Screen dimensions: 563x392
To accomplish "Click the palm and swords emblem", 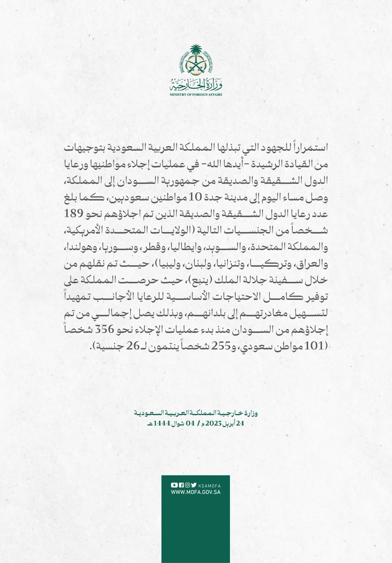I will point(196,61).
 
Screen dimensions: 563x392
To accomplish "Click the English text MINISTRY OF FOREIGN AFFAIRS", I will point(196,94).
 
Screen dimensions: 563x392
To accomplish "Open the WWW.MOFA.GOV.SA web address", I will point(196,492).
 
